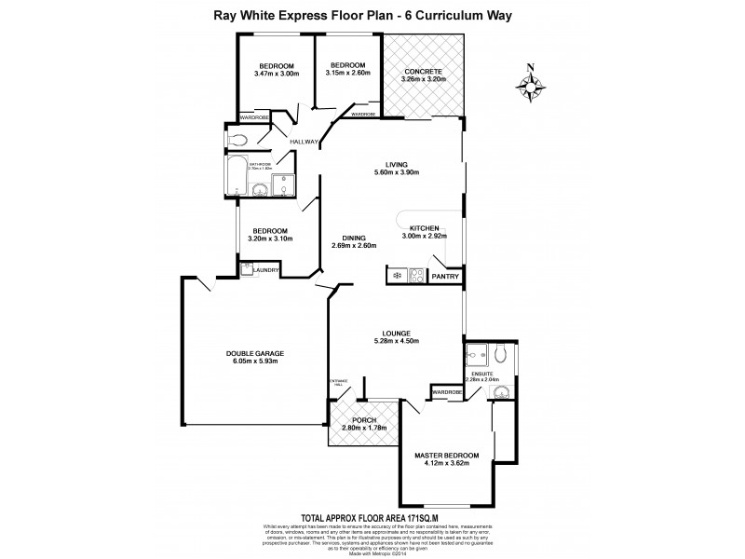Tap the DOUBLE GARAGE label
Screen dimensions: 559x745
(253, 353)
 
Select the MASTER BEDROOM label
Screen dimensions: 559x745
(447, 455)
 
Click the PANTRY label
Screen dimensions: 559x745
(445, 277)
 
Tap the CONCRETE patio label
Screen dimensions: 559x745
(423, 71)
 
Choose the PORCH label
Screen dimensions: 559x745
(364, 420)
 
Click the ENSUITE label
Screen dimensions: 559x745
(482, 372)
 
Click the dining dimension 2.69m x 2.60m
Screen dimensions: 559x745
(354, 246)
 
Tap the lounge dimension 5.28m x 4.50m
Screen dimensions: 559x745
(396, 341)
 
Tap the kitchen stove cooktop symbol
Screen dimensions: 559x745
(416, 276)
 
